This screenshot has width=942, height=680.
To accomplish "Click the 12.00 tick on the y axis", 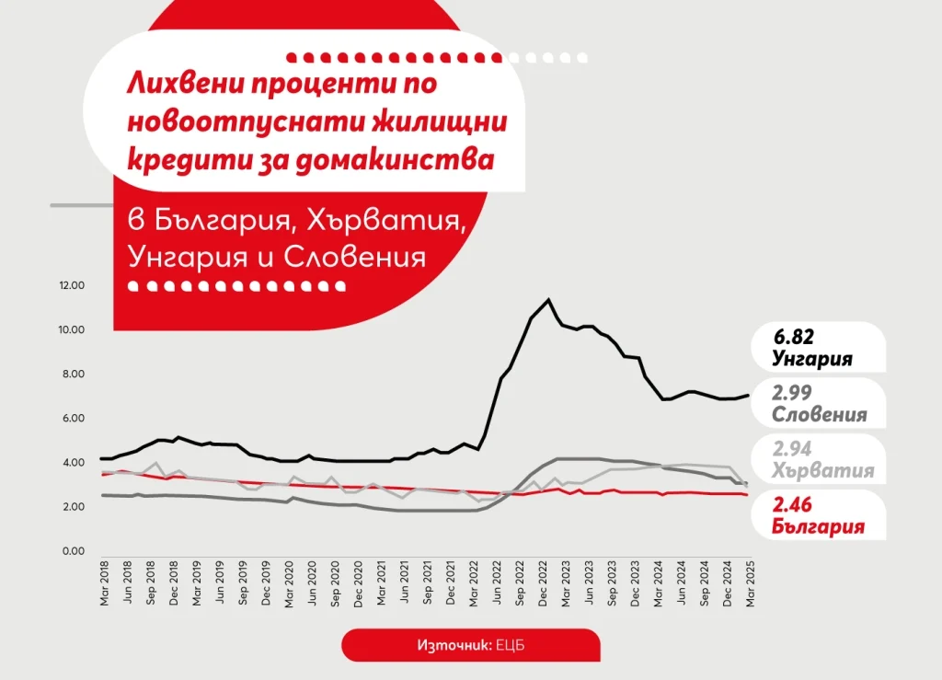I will tap(72, 285).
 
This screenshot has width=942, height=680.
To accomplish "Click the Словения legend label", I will tap(819, 414).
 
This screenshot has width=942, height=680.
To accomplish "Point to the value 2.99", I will tap(794, 393).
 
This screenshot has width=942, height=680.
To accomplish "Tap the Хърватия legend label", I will tap(822, 471).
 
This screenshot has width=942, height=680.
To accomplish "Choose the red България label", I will tap(818, 526).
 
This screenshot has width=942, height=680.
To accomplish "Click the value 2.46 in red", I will tap(794, 506).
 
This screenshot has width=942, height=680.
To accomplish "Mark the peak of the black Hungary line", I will tap(548, 299).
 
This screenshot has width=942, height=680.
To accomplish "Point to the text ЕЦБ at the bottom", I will tap(511, 645).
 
